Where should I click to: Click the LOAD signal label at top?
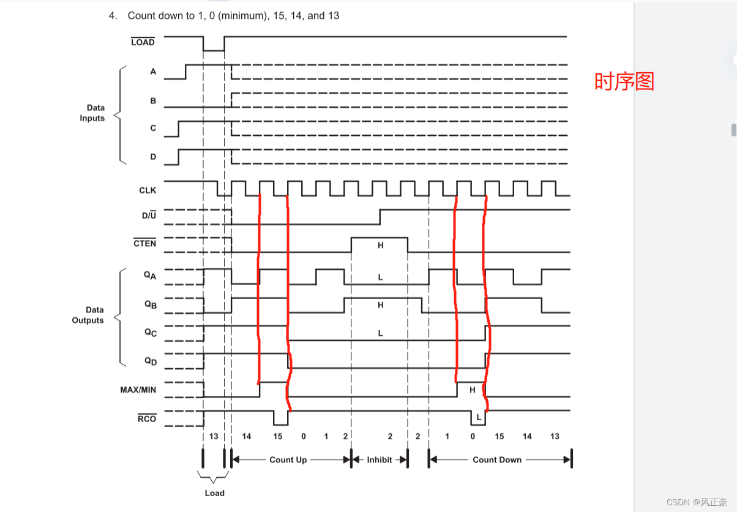(x=143, y=42)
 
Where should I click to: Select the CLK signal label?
(x=148, y=190)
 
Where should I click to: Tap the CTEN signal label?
(x=144, y=243)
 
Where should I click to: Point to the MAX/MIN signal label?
(x=138, y=389)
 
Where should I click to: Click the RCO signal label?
(x=147, y=419)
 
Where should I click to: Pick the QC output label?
(x=151, y=333)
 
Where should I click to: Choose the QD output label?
(x=151, y=361)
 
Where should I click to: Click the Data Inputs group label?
(x=92, y=113)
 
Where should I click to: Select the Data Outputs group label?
(x=88, y=315)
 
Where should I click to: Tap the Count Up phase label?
(x=288, y=459)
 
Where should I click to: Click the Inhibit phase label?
(x=380, y=459)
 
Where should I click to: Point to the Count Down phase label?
(x=497, y=459)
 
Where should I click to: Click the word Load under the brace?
(x=215, y=493)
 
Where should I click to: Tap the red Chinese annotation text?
(x=624, y=81)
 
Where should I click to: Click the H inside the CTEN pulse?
(x=380, y=245)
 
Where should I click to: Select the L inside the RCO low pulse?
(x=479, y=417)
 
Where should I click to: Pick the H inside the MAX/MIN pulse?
(x=472, y=390)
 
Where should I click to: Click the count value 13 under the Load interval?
(x=214, y=436)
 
